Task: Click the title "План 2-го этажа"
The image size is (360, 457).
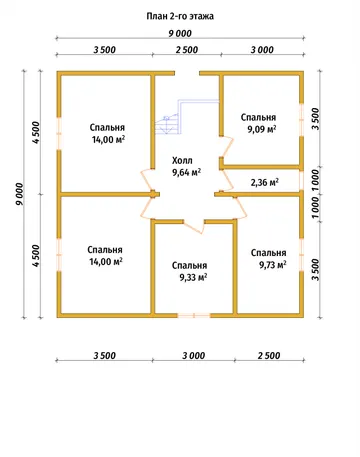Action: click(180, 16)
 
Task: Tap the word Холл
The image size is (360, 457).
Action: click(182, 160)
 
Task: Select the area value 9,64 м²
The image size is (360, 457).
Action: click(186, 172)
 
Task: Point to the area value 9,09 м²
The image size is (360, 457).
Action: click(262, 129)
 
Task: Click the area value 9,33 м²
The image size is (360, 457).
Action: click(193, 277)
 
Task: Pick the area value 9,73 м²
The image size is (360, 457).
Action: click(273, 265)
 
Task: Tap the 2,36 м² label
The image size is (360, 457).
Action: click(265, 182)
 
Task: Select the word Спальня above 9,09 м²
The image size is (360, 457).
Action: click(258, 117)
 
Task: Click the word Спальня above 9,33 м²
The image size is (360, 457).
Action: click(189, 265)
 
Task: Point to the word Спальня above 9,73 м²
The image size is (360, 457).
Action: click(268, 253)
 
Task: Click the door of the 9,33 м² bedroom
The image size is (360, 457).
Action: click(194, 226)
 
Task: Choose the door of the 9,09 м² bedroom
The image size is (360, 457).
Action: click(228, 146)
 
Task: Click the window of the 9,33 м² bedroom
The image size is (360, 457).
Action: click(194, 315)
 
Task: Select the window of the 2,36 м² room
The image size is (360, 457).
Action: click(301, 180)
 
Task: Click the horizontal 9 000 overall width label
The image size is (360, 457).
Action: click(180, 34)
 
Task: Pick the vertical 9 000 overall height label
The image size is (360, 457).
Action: click(20, 194)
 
